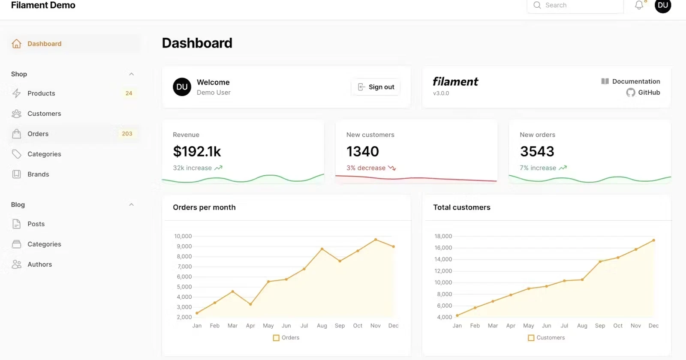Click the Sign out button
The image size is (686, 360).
coord(376,87)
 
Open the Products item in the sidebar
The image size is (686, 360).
coord(41,93)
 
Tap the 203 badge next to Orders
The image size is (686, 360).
coord(127,134)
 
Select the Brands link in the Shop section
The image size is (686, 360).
coord(38,174)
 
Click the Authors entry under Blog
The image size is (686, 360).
coord(39,264)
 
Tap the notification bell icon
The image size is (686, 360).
coord(639,5)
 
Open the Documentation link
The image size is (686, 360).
coord(635,81)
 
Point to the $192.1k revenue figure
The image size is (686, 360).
coord(197,151)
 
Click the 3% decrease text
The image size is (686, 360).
coord(366,168)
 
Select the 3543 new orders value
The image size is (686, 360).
coord(537,151)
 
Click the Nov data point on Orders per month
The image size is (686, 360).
coord(376,240)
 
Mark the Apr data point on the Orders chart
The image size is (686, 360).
coord(250,304)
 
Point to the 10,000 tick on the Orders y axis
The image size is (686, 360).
coord(183,236)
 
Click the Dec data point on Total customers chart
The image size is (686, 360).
coord(653,240)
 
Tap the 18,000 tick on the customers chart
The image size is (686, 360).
coord(443,236)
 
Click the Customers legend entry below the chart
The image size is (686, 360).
coord(547,338)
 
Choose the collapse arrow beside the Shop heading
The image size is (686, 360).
coord(132,74)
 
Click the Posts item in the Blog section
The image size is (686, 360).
coord(36,224)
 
